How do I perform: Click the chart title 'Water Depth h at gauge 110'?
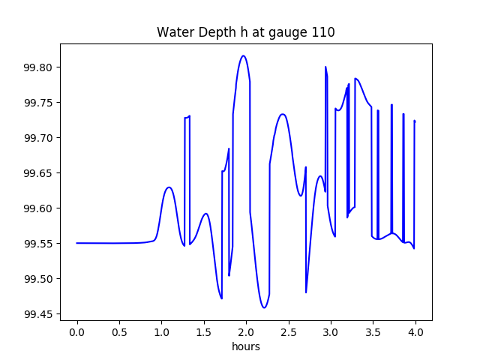click(x=245, y=32)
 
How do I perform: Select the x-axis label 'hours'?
click(x=246, y=347)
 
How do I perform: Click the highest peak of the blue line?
click(x=243, y=55)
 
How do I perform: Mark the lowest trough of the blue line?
click(x=264, y=307)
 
